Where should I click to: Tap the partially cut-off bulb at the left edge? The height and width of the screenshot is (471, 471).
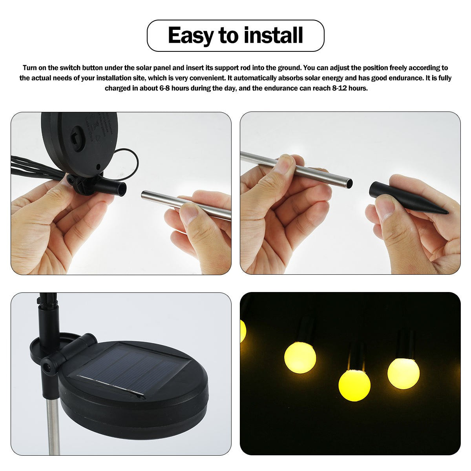click(x=242, y=332)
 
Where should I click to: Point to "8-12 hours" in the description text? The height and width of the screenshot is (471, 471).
click(x=349, y=88)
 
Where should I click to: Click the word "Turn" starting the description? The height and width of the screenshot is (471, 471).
click(x=30, y=68)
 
